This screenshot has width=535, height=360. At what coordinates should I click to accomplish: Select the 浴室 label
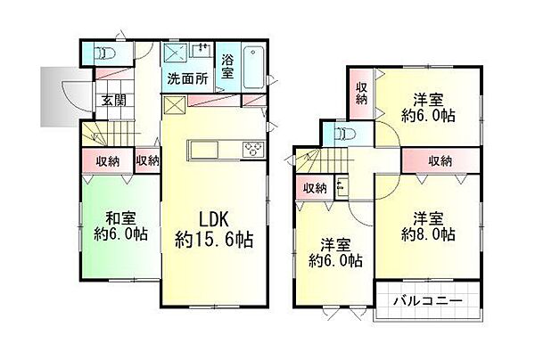(x=227, y=68)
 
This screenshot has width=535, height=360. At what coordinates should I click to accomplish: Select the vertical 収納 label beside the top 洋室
(x=362, y=94)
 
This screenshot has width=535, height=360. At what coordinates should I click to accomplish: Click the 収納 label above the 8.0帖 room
(x=439, y=160)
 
